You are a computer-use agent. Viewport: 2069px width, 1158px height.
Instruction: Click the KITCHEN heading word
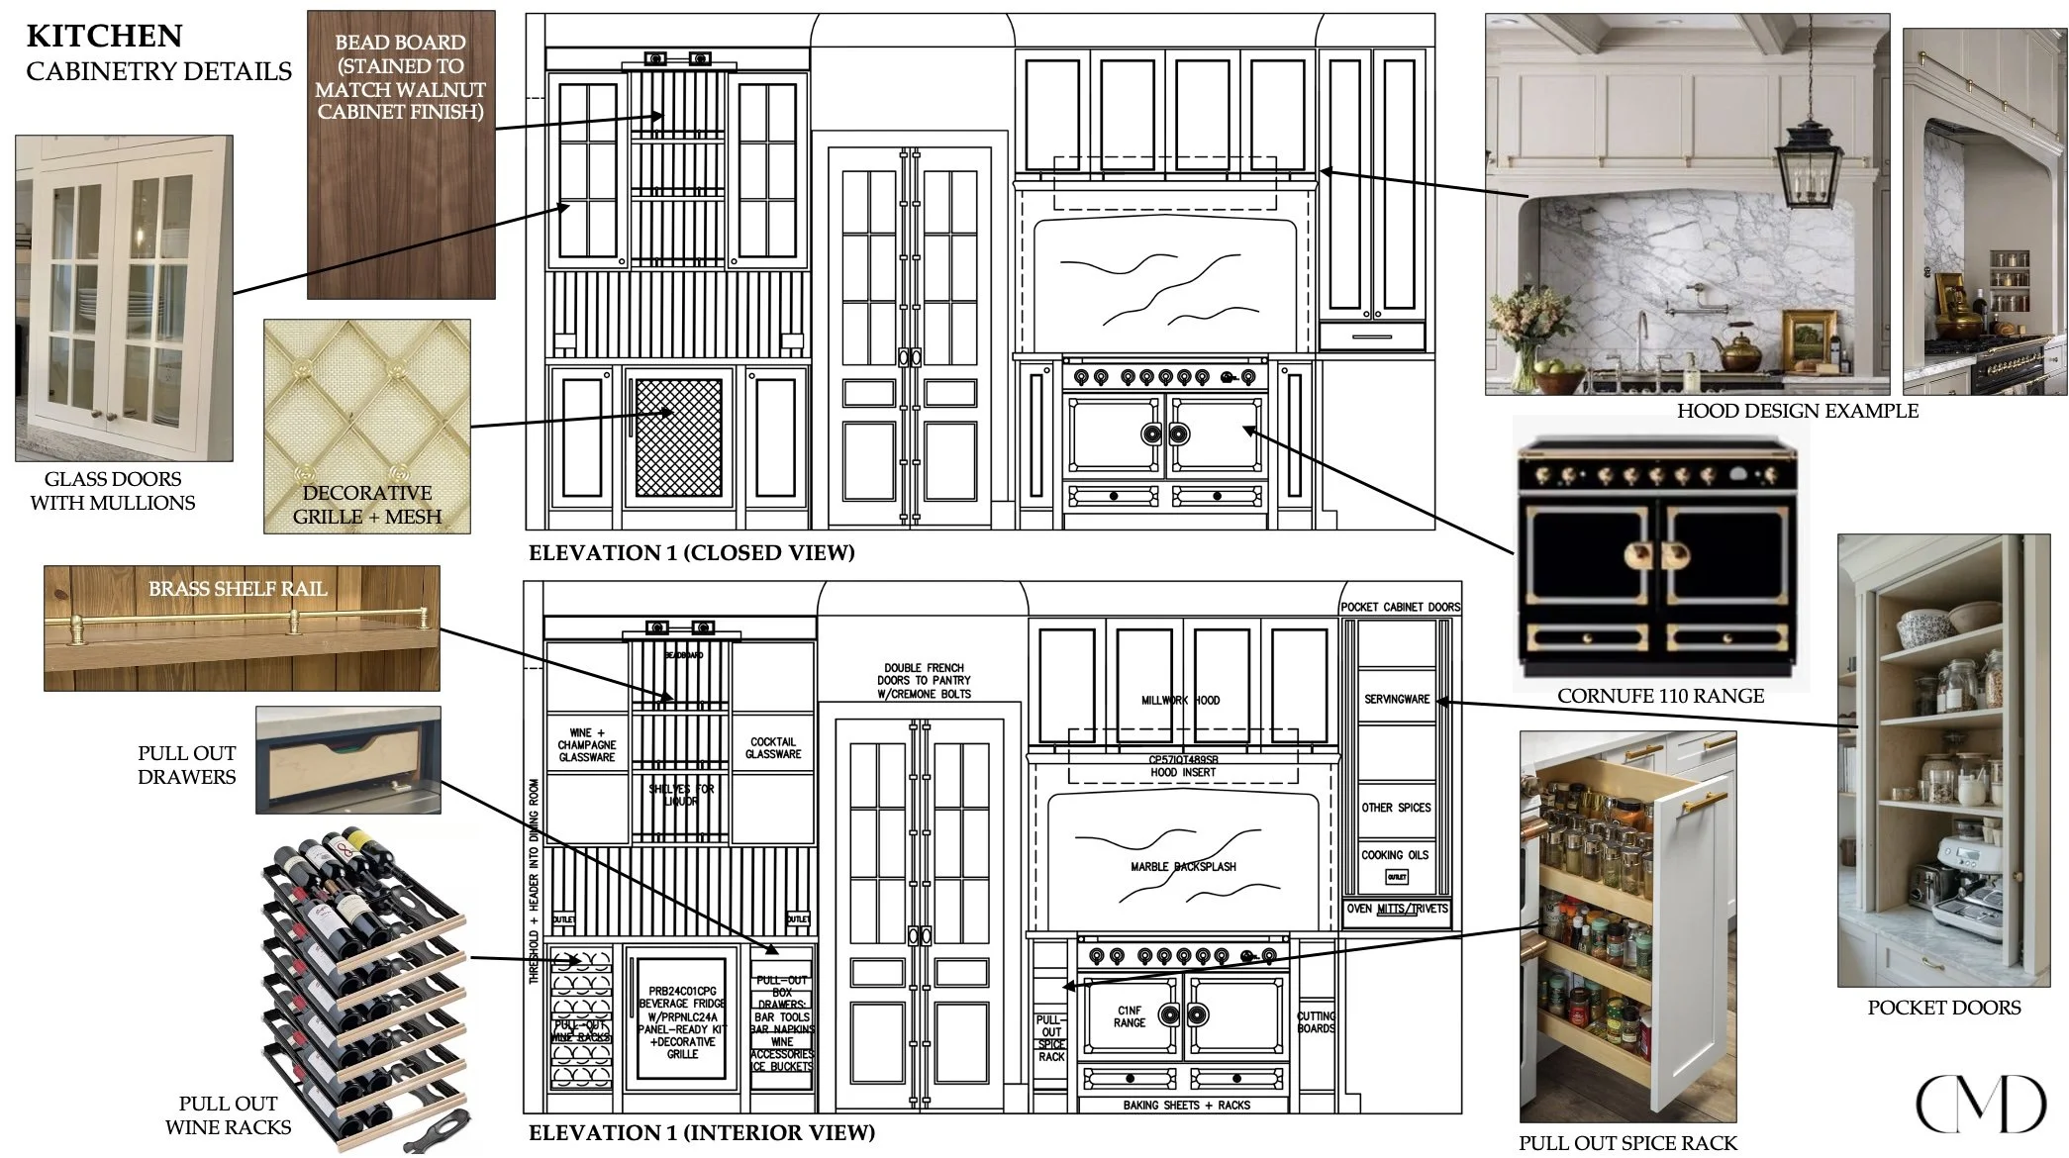tap(104, 36)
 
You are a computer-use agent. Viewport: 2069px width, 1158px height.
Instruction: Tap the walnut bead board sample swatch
tap(400, 198)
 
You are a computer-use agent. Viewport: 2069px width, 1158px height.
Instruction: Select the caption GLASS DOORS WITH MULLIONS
tap(113, 491)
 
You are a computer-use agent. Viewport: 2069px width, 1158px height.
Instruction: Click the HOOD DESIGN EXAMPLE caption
tap(1797, 411)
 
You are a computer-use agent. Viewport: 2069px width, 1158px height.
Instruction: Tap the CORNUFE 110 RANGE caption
tap(1660, 696)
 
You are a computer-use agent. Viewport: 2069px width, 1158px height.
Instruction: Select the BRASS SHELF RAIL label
tap(238, 589)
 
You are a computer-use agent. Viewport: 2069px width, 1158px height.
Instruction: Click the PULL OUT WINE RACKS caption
tap(228, 1115)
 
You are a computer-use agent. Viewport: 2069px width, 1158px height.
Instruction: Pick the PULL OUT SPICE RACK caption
tap(1627, 1143)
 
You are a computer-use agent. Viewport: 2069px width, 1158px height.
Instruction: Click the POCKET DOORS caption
tap(1943, 1008)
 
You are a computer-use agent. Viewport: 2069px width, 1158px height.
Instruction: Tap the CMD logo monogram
tap(1980, 1104)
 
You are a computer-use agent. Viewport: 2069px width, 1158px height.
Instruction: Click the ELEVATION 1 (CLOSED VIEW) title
tap(691, 553)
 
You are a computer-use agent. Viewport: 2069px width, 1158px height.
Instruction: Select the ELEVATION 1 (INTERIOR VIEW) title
tap(702, 1132)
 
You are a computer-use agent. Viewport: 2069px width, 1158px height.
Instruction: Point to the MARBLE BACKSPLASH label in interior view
tap(1183, 867)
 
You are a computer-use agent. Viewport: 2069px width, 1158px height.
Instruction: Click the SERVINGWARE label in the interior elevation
tap(1396, 699)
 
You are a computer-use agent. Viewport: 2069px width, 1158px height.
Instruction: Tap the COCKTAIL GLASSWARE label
tap(773, 748)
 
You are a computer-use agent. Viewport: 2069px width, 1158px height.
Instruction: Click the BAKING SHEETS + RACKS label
tap(1186, 1105)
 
